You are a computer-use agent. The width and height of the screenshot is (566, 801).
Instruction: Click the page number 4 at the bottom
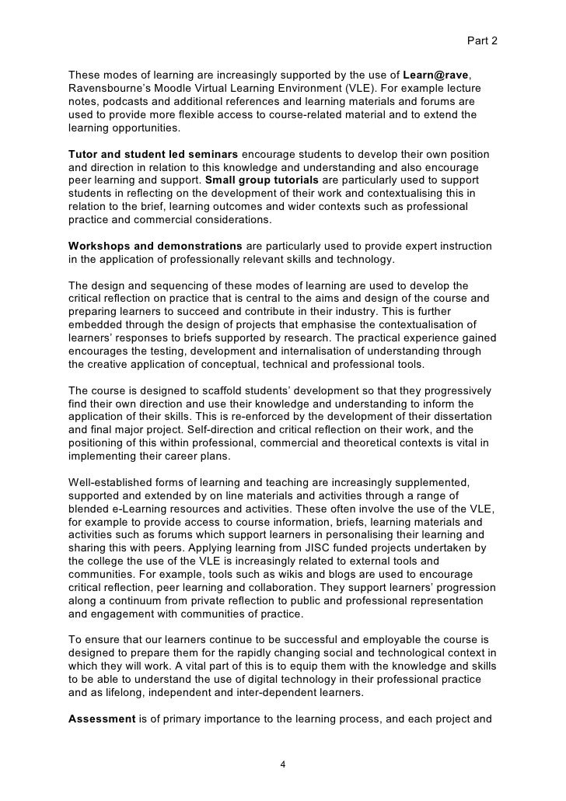point(283,764)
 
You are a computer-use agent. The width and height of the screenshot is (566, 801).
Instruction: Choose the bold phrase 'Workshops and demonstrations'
point(155,246)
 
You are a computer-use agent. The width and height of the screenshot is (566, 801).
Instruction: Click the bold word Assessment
point(101,719)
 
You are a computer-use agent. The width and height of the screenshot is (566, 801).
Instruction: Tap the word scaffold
point(205,390)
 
